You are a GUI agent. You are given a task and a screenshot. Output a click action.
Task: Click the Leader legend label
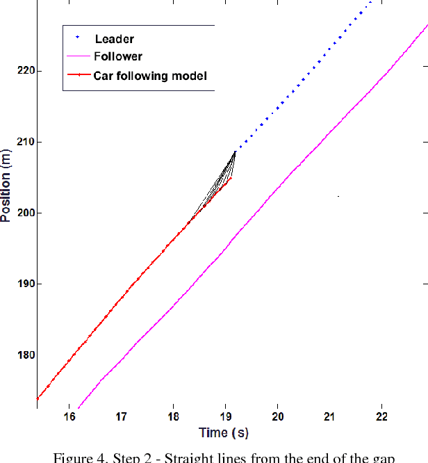pyautogui.click(x=115, y=40)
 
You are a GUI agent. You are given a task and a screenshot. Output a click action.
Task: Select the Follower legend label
pyautogui.click(x=118, y=57)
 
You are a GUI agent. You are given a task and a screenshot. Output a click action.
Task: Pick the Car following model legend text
pyautogui.click(x=150, y=76)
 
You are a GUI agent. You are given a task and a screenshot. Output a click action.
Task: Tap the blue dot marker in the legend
pyautogui.click(x=78, y=38)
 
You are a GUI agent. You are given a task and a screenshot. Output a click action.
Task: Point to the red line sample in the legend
pyautogui.click(x=78, y=76)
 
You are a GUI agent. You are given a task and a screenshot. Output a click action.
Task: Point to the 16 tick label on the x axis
pyautogui.click(x=69, y=416)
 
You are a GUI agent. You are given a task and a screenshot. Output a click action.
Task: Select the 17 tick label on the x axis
pyautogui.click(x=121, y=416)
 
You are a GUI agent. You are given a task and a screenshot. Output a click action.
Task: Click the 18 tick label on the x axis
pyautogui.click(x=173, y=416)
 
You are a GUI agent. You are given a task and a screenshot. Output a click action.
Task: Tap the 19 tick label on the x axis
pyautogui.click(x=225, y=416)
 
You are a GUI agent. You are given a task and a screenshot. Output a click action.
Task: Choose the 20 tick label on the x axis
pyautogui.click(x=277, y=416)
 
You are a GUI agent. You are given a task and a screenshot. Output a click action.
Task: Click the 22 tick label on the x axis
pyautogui.click(x=381, y=416)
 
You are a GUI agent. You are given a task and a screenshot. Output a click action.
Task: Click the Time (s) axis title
pyautogui.click(x=224, y=432)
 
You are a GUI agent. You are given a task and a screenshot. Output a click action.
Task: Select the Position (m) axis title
pyautogui.click(x=6, y=185)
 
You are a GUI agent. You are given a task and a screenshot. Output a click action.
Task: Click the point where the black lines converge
pyautogui.click(x=236, y=151)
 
